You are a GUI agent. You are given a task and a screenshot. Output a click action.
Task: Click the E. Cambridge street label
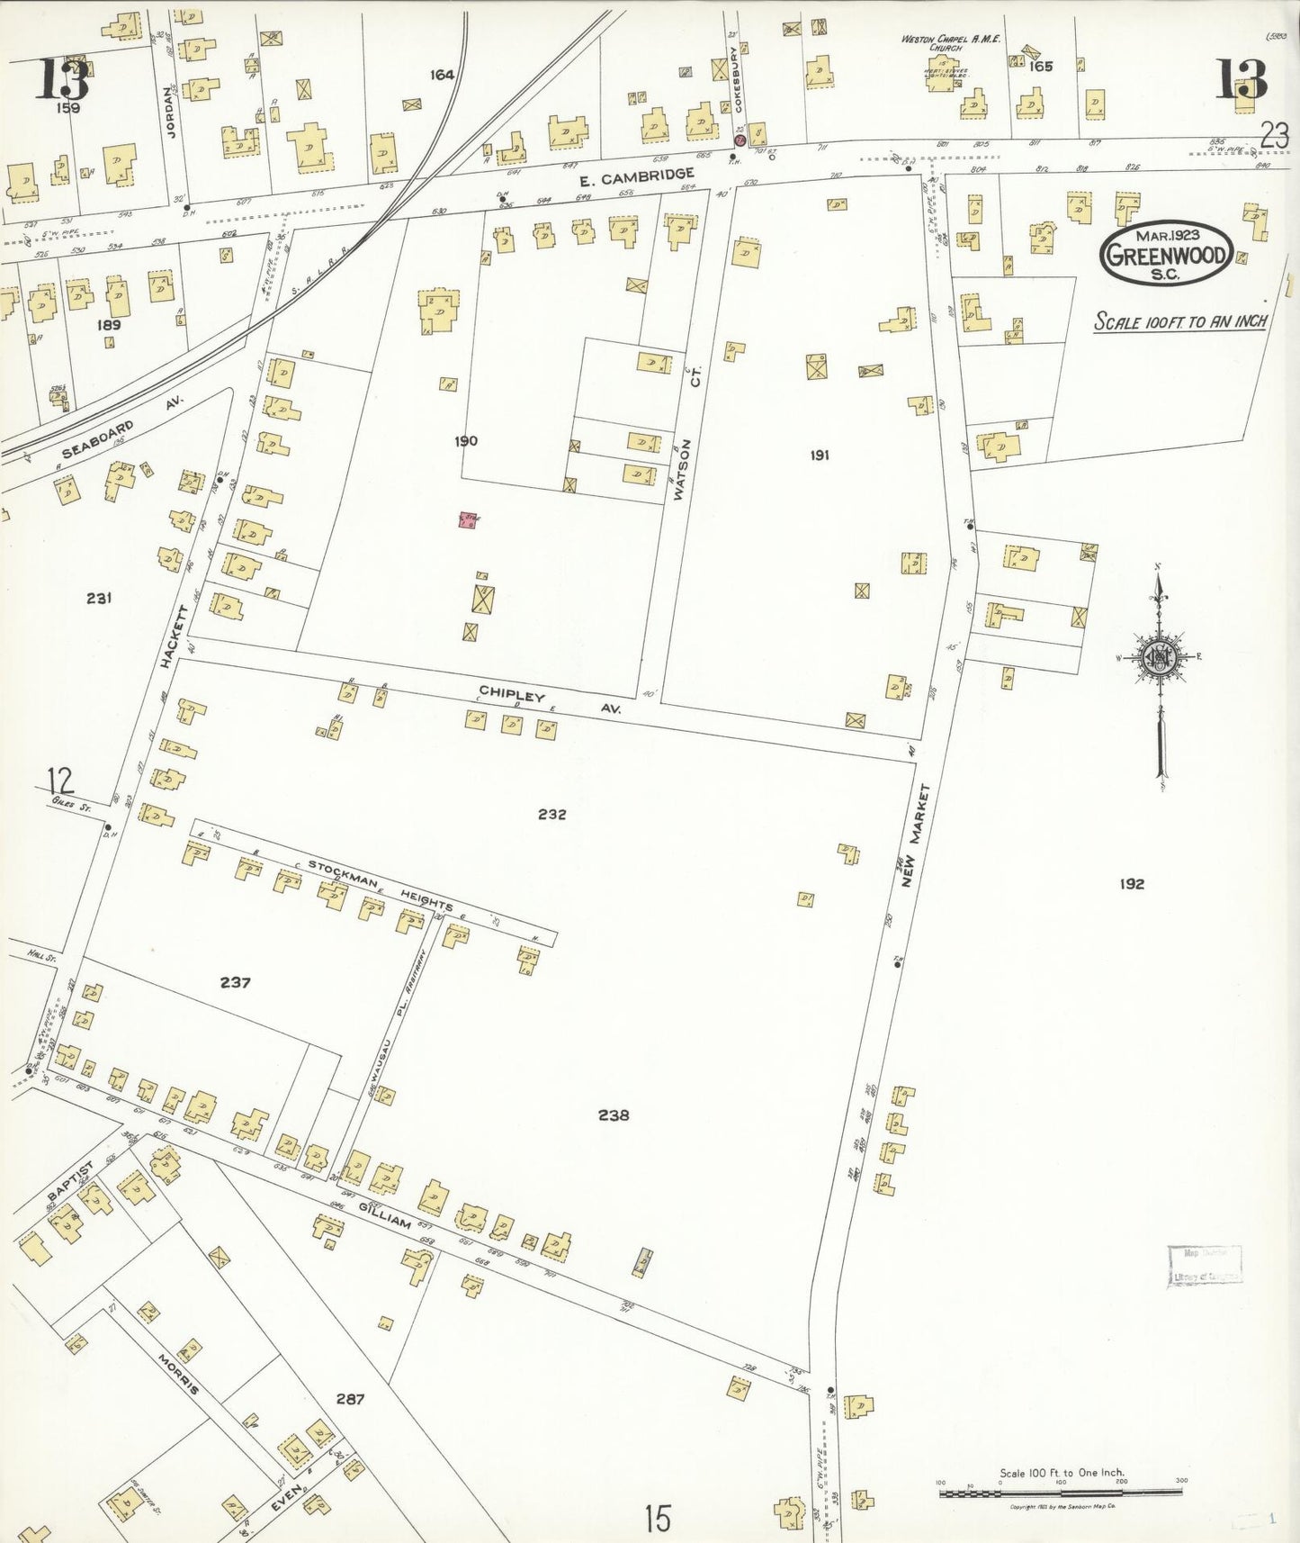[636, 176]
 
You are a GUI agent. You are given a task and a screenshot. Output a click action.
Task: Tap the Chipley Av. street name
[549, 702]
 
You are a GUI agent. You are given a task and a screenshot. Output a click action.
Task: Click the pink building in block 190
[467, 519]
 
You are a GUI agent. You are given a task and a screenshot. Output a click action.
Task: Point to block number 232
[551, 814]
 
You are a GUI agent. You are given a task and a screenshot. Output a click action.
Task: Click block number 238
[613, 1114]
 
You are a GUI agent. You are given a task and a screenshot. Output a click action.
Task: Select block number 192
[1131, 884]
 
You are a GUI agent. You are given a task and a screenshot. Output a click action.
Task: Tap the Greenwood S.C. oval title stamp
[1165, 255]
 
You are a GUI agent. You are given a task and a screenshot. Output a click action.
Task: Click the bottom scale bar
[1061, 1493]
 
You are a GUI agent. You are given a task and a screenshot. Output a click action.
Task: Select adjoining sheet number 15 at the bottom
[658, 1519]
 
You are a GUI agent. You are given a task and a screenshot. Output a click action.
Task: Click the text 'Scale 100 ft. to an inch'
[1179, 321]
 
